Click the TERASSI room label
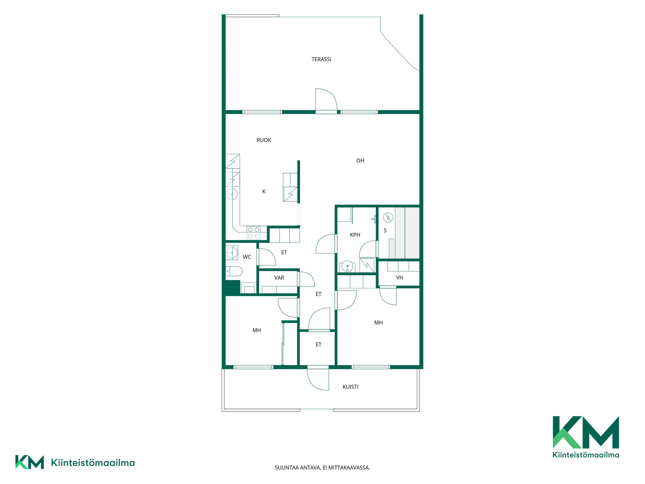click(x=321, y=59)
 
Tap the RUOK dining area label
click(x=264, y=140)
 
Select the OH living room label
click(x=360, y=161)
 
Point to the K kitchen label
click(x=264, y=192)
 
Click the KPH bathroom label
click(x=355, y=235)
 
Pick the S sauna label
click(x=385, y=231)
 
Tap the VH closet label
click(x=399, y=278)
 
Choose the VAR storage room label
click(x=279, y=278)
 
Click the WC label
click(x=247, y=257)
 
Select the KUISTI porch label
click(x=350, y=387)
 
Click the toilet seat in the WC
click(x=234, y=271)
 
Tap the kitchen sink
click(x=232, y=194)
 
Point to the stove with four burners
click(x=253, y=233)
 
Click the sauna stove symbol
click(x=388, y=217)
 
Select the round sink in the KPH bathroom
click(x=347, y=267)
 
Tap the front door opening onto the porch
click(x=318, y=379)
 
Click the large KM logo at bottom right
click(x=586, y=437)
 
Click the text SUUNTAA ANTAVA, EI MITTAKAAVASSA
click(x=322, y=468)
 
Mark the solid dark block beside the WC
click(x=232, y=288)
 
